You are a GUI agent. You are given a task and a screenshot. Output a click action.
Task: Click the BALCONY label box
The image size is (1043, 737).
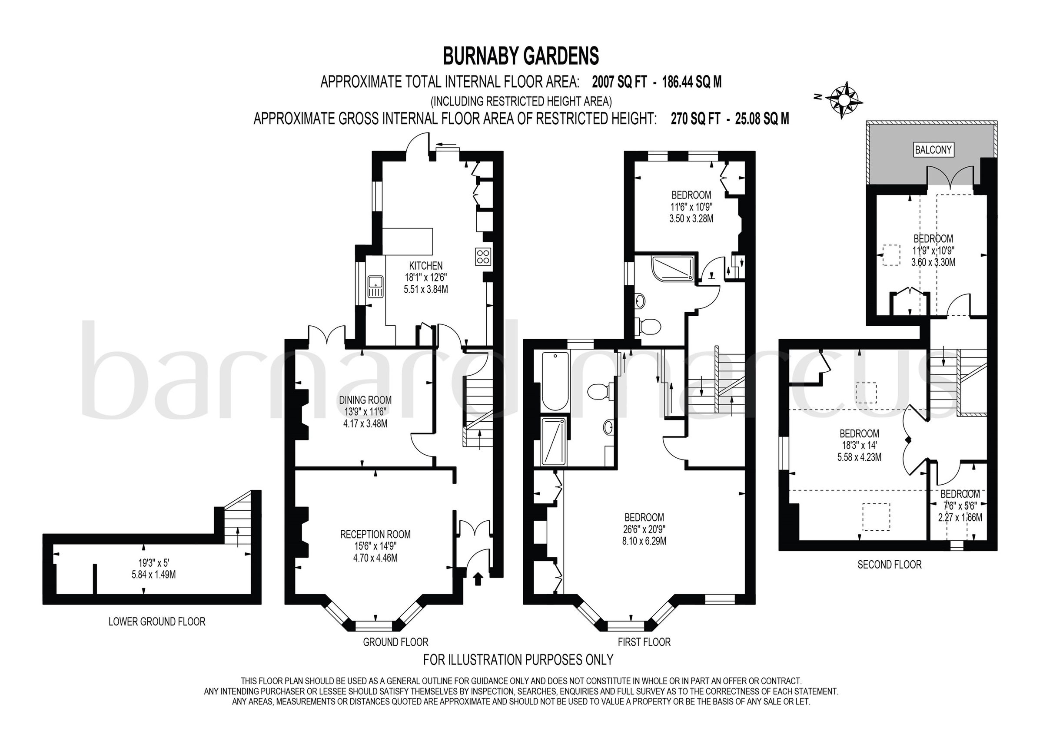click(933, 150)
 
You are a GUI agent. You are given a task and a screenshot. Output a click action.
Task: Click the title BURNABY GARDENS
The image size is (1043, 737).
click(521, 56)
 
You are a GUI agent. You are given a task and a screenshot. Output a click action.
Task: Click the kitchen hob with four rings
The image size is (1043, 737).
click(482, 257)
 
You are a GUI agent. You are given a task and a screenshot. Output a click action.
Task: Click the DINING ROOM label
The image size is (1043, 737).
click(365, 400)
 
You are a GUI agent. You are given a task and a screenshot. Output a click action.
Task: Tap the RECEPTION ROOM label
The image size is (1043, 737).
click(375, 535)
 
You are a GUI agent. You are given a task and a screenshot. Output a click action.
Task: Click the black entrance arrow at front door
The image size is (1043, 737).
click(478, 579)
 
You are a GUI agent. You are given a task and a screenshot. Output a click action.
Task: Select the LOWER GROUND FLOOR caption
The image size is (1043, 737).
click(157, 621)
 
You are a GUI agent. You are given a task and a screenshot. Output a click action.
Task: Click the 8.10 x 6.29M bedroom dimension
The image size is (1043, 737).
click(644, 541)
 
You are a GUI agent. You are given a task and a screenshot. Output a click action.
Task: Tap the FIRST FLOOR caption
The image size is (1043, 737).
click(644, 642)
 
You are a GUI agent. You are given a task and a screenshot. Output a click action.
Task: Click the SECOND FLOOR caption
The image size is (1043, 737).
click(889, 565)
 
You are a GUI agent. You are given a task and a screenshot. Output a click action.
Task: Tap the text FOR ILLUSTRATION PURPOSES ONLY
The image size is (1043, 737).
click(518, 659)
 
